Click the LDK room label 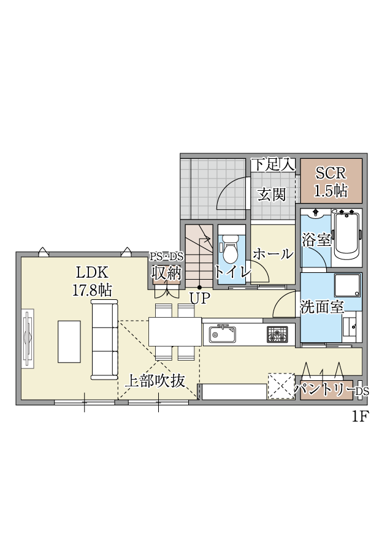(92, 272)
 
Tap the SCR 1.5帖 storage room (331, 181)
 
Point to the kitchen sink (223, 334)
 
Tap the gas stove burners (277, 334)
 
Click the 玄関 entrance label (271, 195)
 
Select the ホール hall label (273, 255)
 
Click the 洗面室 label (322, 307)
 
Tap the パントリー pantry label (324, 389)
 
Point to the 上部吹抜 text (156, 381)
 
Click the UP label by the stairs (199, 299)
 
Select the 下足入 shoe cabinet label (274, 165)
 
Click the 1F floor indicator (359, 416)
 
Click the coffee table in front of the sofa (69, 342)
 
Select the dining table (175, 332)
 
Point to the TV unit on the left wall (28, 339)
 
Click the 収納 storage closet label (166, 272)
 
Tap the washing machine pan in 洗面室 (347, 285)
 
